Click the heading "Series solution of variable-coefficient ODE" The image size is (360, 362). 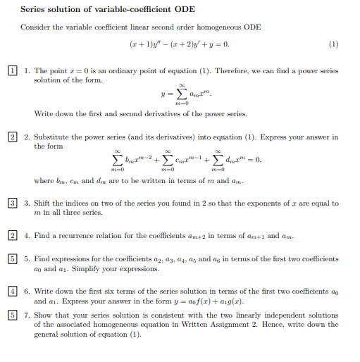(x=108, y=9)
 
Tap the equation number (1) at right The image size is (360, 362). (x=333, y=44)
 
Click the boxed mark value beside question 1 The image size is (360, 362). (x=13, y=71)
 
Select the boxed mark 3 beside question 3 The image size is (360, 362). (x=13, y=204)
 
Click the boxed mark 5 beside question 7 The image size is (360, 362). (x=13, y=316)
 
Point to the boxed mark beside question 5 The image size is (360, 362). (x=13, y=259)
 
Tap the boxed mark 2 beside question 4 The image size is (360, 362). (x=13, y=235)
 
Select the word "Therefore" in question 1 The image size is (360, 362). (x=231, y=71)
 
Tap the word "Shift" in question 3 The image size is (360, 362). (x=42, y=204)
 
